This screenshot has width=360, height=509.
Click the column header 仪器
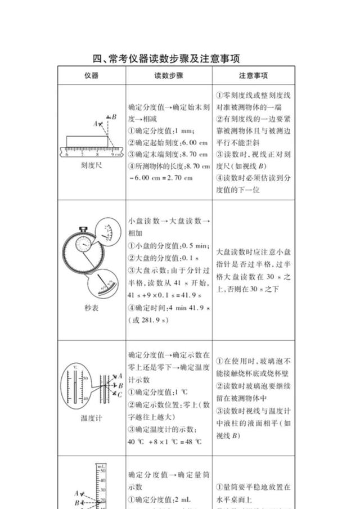tap(91, 75)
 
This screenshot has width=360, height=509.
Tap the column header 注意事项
tap(253, 75)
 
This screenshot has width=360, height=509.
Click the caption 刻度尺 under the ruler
tap(91, 166)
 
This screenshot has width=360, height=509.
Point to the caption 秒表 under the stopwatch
tap(91, 308)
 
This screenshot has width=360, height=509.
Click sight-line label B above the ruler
tap(114, 117)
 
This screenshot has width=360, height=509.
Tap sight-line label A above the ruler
tap(96, 123)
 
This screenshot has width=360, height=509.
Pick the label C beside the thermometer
tap(120, 395)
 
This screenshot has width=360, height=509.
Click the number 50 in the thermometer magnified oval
tap(85, 379)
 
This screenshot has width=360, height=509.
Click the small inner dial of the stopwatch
tap(84, 246)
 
